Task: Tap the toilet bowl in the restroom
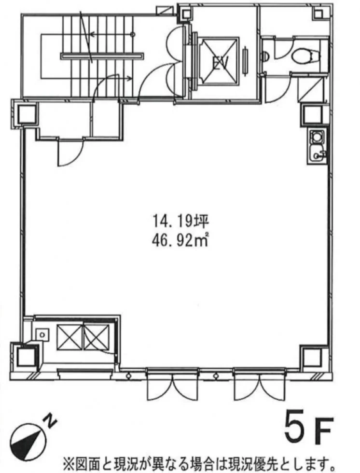point(303,56)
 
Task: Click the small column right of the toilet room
point(314,114)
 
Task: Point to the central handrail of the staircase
point(102,56)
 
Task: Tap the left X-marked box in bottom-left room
point(69,337)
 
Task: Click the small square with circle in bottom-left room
point(42,334)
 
